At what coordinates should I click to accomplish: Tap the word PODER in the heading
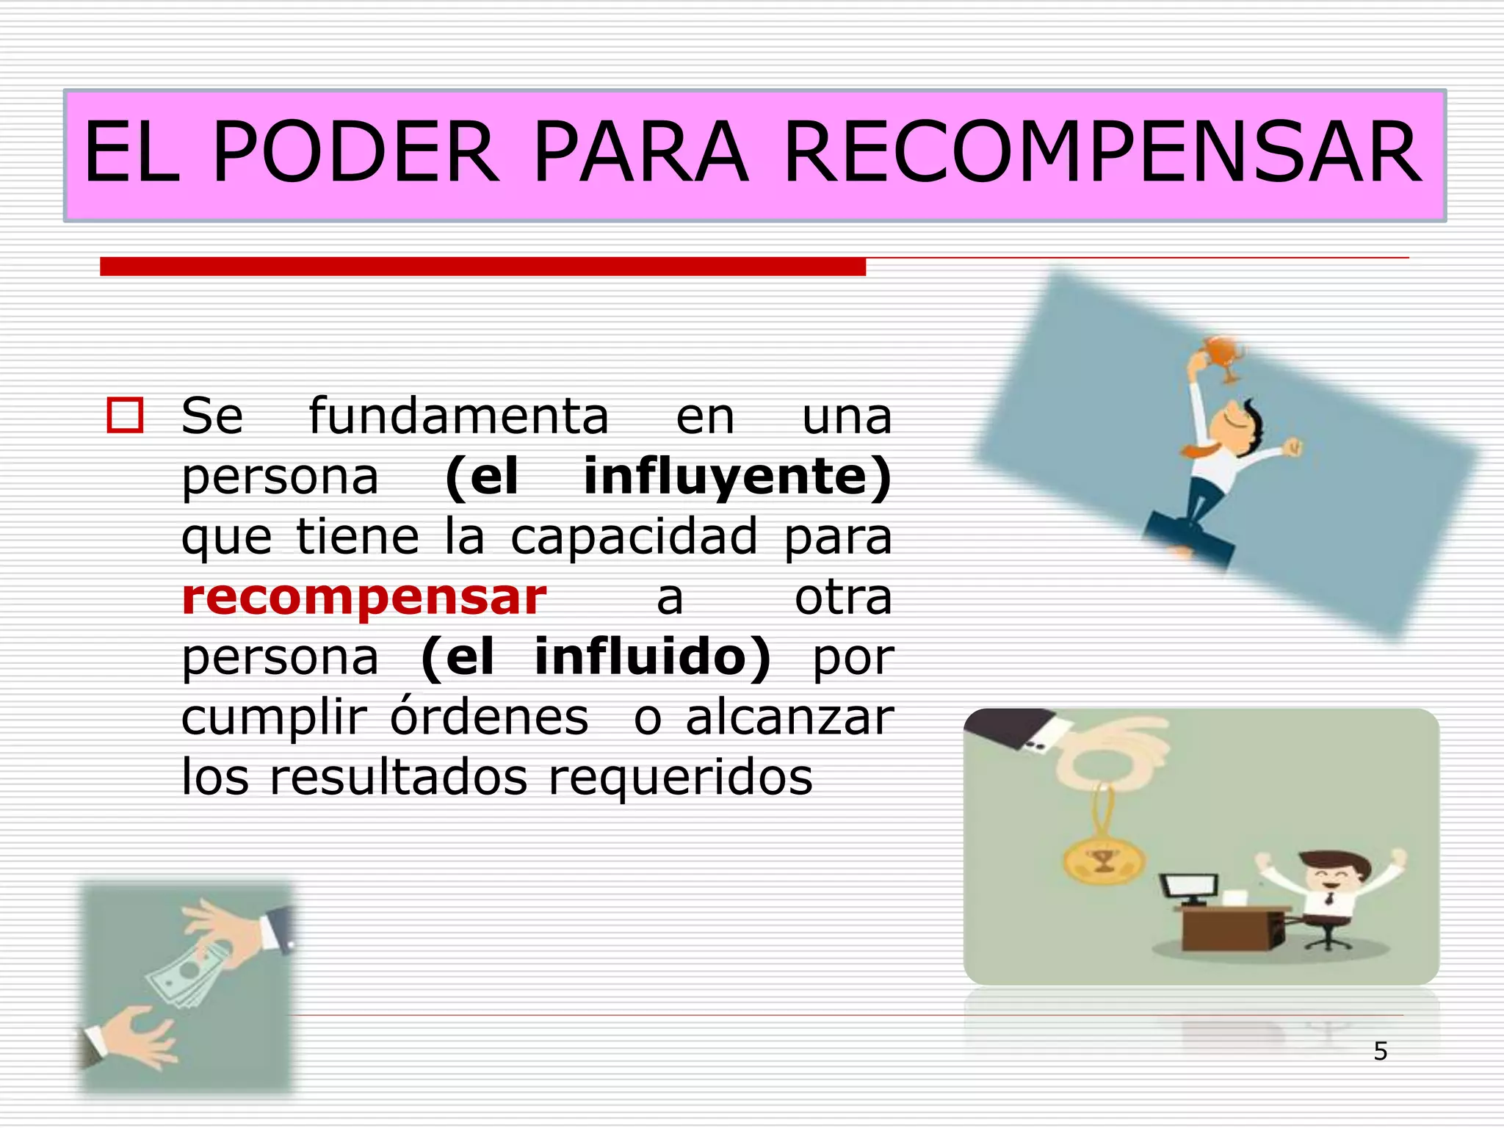click(355, 153)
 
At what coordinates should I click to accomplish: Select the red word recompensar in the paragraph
click(364, 597)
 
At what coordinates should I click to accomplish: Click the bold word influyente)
click(737, 477)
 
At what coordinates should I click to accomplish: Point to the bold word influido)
click(653, 657)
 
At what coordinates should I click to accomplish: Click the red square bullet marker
click(125, 416)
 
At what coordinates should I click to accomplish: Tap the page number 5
click(1381, 1052)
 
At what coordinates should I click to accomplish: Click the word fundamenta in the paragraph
click(458, 416)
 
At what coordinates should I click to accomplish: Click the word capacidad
click(634, 536)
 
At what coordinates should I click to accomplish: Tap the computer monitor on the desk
click(1188, 887)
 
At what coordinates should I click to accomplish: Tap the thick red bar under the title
click(482, 267)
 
